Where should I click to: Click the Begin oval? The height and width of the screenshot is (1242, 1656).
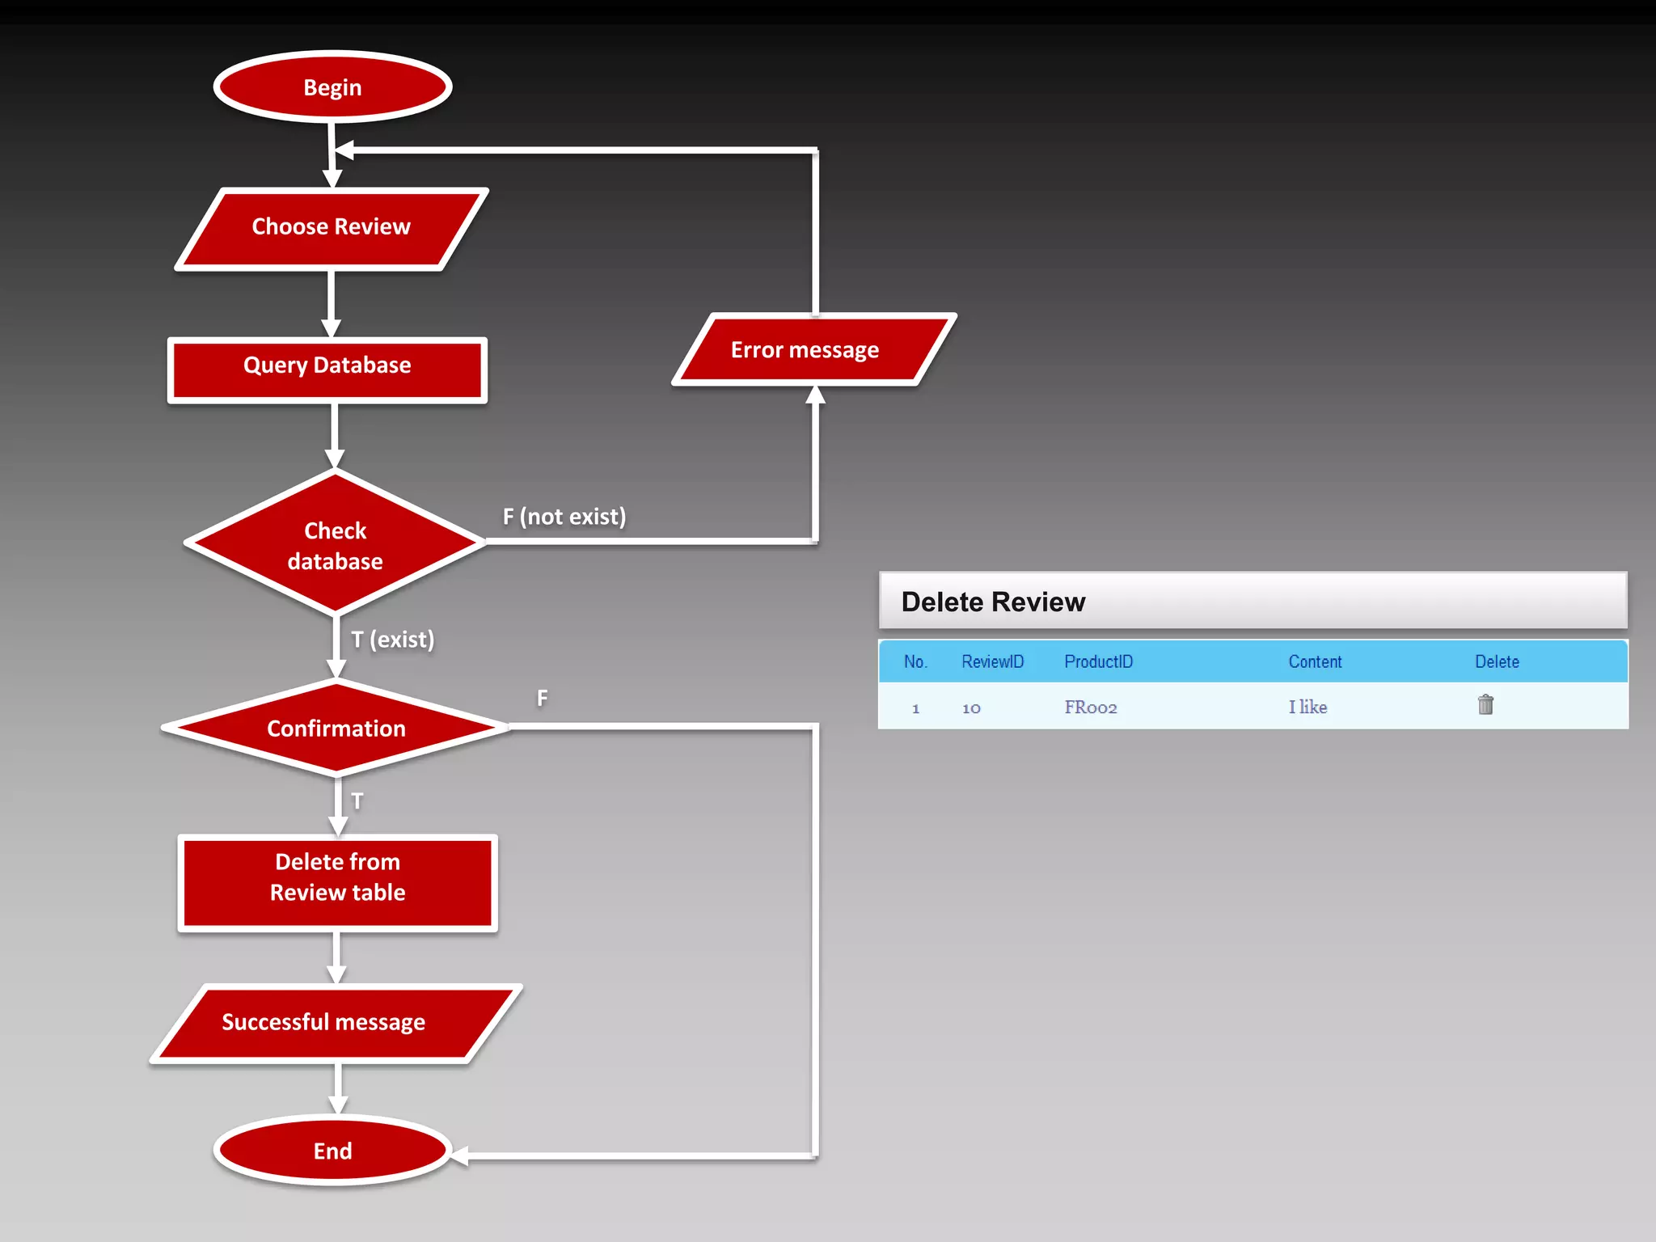[x=332, y=87]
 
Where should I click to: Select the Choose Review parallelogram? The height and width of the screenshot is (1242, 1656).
[x=332, y=227]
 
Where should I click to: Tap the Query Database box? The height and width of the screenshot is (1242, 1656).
[x=327, y=366]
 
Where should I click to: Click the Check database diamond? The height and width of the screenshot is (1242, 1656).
[x=335, y=545]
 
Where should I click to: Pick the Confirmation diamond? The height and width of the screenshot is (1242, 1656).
[x=336, y=729]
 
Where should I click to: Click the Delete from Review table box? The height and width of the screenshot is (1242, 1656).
[x=337, y=878]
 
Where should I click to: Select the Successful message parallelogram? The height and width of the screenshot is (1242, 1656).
[x=323, y=1023]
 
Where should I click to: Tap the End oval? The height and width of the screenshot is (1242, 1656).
[x=332, y=1151]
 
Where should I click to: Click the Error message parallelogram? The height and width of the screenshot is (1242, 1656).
[x=805, y=350]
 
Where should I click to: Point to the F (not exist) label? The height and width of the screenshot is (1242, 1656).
[x=564, y=517]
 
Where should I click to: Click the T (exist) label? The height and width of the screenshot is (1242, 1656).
[x=393, y=640]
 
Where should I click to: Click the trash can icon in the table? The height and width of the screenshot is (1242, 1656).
[x=1485, y=705]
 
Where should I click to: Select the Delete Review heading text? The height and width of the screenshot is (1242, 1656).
[x=993, y=602]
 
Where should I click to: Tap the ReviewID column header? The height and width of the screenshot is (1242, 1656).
[x=992, y=662]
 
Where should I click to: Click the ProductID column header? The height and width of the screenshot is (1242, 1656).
[x=1098, y=662]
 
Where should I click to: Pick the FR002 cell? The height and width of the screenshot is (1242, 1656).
[x=1090, y=708]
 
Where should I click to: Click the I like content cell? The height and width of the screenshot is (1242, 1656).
[x=1307, y=708]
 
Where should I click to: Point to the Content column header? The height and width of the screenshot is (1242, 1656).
[x=1315, y=662]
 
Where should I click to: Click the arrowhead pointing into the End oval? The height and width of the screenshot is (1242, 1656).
[x=459, y=1156]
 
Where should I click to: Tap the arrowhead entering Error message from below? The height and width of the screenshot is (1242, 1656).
[x=815, y=395]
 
